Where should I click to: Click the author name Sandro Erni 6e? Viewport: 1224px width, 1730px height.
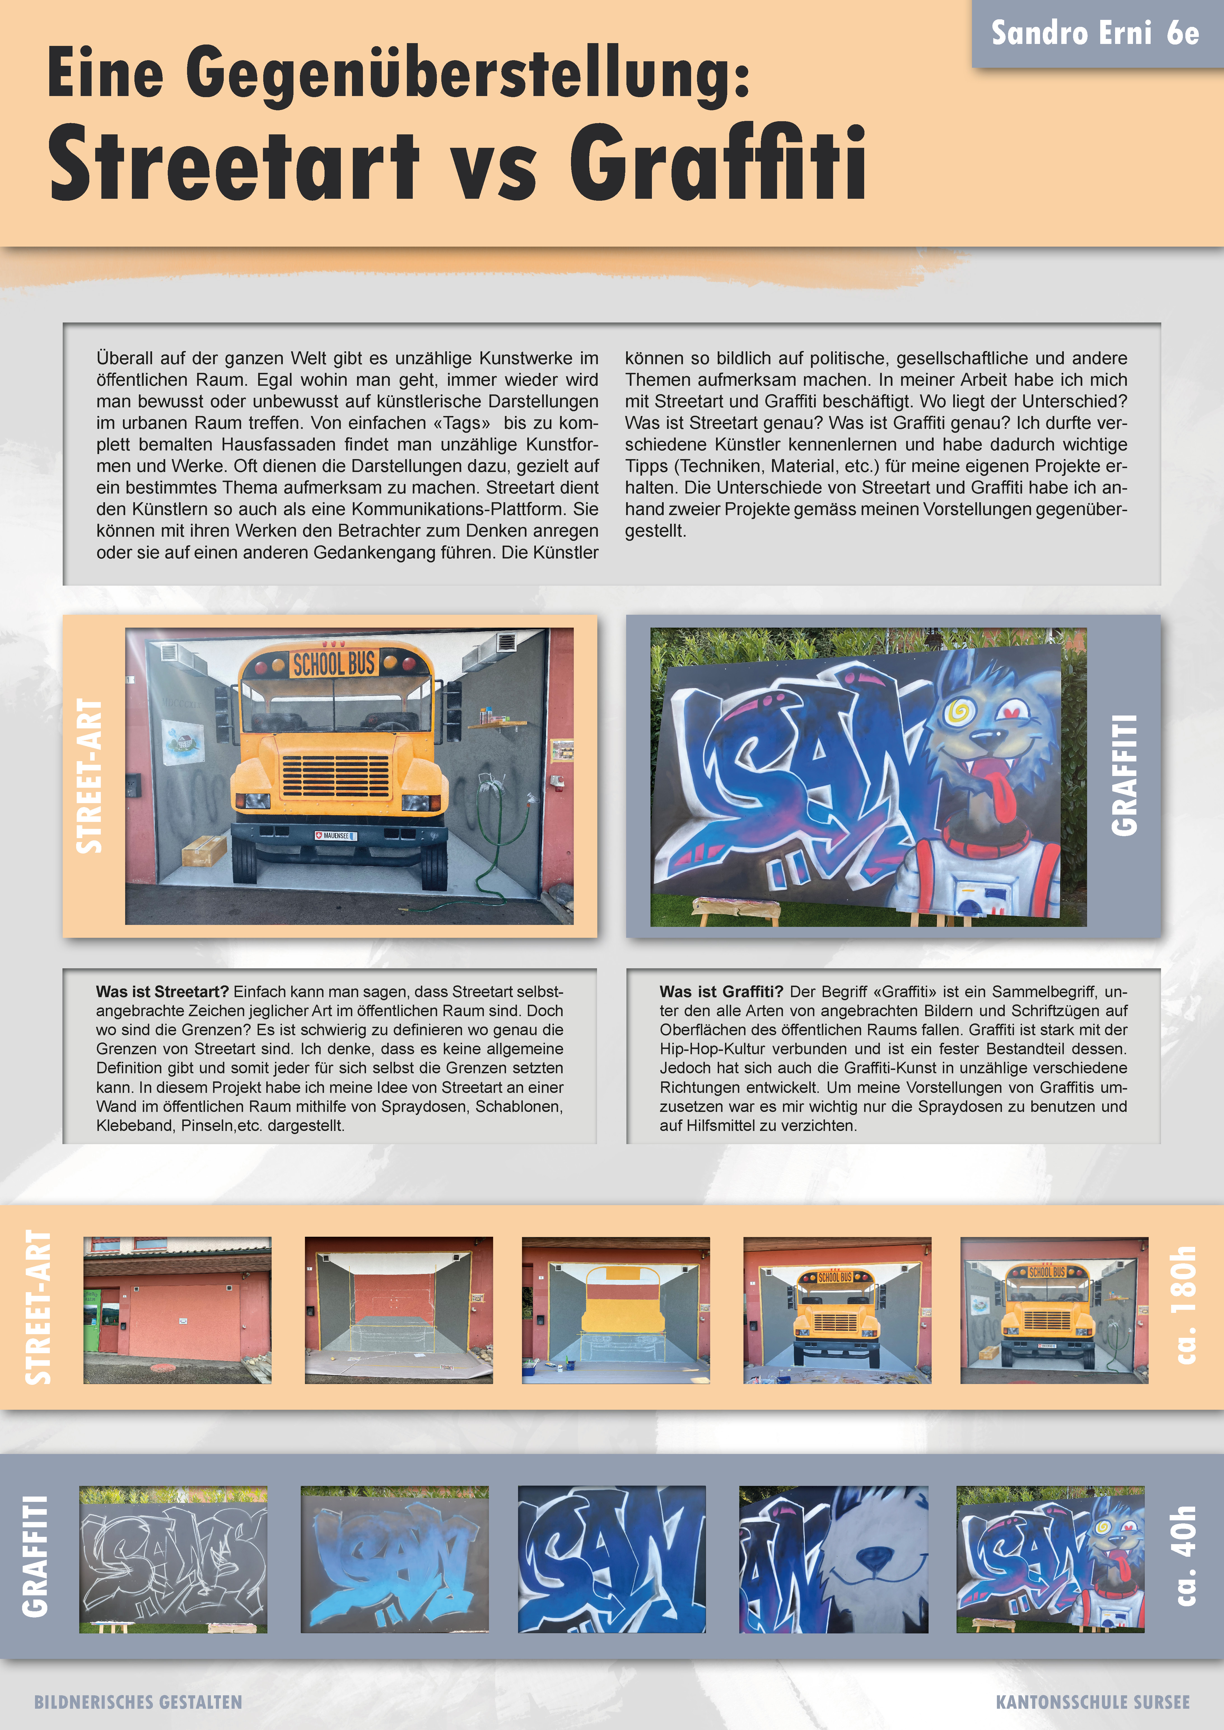(1094, 33)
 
